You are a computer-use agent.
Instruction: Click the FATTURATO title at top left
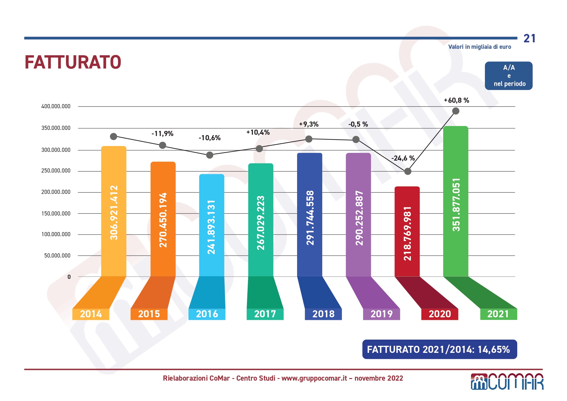[x=73, y=62]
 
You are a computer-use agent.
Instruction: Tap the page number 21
[x=530, y=38]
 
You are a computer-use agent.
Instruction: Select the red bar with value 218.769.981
[x=407, y=231]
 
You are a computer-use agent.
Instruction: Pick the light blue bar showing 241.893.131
[x=211, y=226]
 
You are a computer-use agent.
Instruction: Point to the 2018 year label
[x=323, y=314]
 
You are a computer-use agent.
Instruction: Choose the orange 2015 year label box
[x=149, y=314]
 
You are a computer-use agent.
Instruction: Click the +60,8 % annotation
[x=456, y=100]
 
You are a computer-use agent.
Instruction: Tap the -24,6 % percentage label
[x=403, y=158]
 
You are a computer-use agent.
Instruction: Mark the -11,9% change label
[x=162, y=134]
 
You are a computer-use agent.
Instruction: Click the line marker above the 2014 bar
[x=113, y=137]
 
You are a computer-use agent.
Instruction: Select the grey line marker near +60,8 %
[x=456, y=111]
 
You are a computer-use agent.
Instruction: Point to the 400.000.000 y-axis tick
[x=56, y=106]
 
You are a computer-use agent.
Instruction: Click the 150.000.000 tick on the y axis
[x=56, y=214]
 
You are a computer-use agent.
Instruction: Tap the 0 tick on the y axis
[x=69, y=277]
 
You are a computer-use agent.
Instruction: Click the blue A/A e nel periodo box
[x=508, y=76]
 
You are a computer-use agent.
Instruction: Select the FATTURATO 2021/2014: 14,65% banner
[x=439, y=349]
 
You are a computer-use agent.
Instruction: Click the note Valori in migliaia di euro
[x=479, y=47]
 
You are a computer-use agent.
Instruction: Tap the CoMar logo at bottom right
[x=507, y=382]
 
